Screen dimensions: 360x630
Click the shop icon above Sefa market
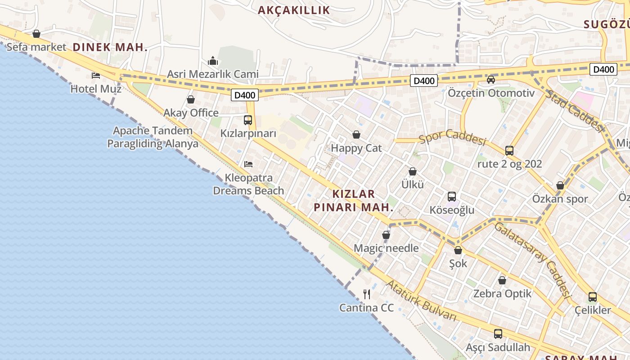pos(36,34)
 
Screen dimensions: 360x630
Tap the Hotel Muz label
pos(96,89)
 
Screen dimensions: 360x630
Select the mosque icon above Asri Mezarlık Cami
pos(213,61)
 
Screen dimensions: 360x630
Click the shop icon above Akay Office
pos(191,99)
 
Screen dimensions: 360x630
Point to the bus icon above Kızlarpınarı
pos(248,120)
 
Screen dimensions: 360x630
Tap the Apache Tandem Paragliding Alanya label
pos(153,137)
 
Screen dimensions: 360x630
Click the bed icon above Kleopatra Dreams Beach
pos(248,164)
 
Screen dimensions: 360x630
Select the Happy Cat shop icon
pos(356,135)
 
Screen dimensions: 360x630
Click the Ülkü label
pos(413,184)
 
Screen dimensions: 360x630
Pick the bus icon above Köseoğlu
pos(452,197)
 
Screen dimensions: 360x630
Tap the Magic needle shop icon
pos(386,235)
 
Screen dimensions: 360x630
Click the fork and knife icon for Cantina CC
pos(367,294)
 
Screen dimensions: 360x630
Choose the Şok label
pos(458,263)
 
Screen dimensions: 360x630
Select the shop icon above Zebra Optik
pos(502,280)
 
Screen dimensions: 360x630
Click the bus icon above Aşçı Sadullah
pos(498,334)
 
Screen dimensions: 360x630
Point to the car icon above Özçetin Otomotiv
pos(491,80)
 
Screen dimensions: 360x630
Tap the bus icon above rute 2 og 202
pos(509,150)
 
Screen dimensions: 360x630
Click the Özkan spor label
pos(560,199)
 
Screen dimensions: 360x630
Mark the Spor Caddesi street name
pos(452,137)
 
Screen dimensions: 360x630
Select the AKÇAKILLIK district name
pos(294,10)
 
